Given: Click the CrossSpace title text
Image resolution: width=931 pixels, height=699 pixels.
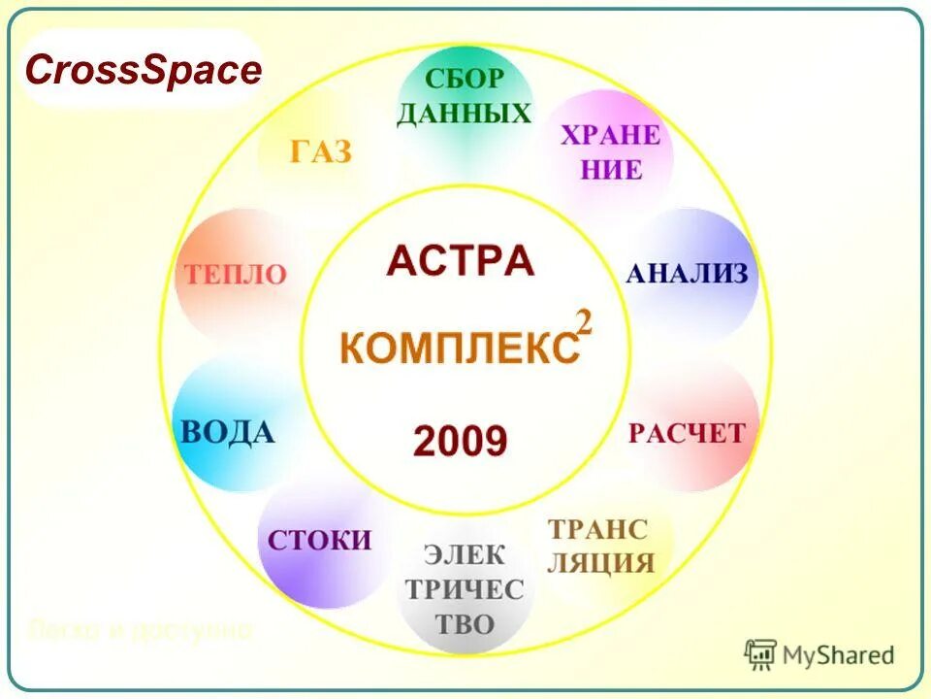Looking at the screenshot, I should [143, 70].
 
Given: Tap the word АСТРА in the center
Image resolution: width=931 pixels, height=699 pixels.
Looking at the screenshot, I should [460, 261].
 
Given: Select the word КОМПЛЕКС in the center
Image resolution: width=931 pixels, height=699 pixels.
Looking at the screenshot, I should [459, 348].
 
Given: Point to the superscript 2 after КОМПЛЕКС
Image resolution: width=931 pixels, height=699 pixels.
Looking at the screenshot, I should [584, 323].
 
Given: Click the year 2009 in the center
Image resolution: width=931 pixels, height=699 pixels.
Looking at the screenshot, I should [460, 442].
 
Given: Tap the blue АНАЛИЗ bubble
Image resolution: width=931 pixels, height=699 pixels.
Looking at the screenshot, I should [687, 274].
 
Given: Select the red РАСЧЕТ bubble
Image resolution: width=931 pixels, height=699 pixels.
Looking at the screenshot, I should [687, 432].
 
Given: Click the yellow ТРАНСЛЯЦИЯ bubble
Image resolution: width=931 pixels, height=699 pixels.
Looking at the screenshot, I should [599, 546].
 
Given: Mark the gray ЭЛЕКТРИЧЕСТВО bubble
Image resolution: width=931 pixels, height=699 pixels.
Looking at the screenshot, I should [465, 589].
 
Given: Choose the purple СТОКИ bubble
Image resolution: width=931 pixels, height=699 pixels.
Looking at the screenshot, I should [320, 541].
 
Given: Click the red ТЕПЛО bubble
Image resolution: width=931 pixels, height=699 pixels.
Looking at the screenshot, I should [233, 275].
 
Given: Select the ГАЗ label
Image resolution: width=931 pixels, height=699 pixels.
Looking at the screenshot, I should [320, 152].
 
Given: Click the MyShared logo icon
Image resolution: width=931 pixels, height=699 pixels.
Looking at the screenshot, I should [760, 655].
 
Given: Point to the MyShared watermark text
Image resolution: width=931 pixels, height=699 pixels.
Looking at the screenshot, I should [837, 655].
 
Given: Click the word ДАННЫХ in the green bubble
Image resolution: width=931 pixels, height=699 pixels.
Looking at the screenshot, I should [465, 114].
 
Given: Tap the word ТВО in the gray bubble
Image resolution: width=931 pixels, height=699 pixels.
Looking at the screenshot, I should [465, 623].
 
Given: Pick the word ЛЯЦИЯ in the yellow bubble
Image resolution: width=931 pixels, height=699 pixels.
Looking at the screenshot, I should [599, 563].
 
